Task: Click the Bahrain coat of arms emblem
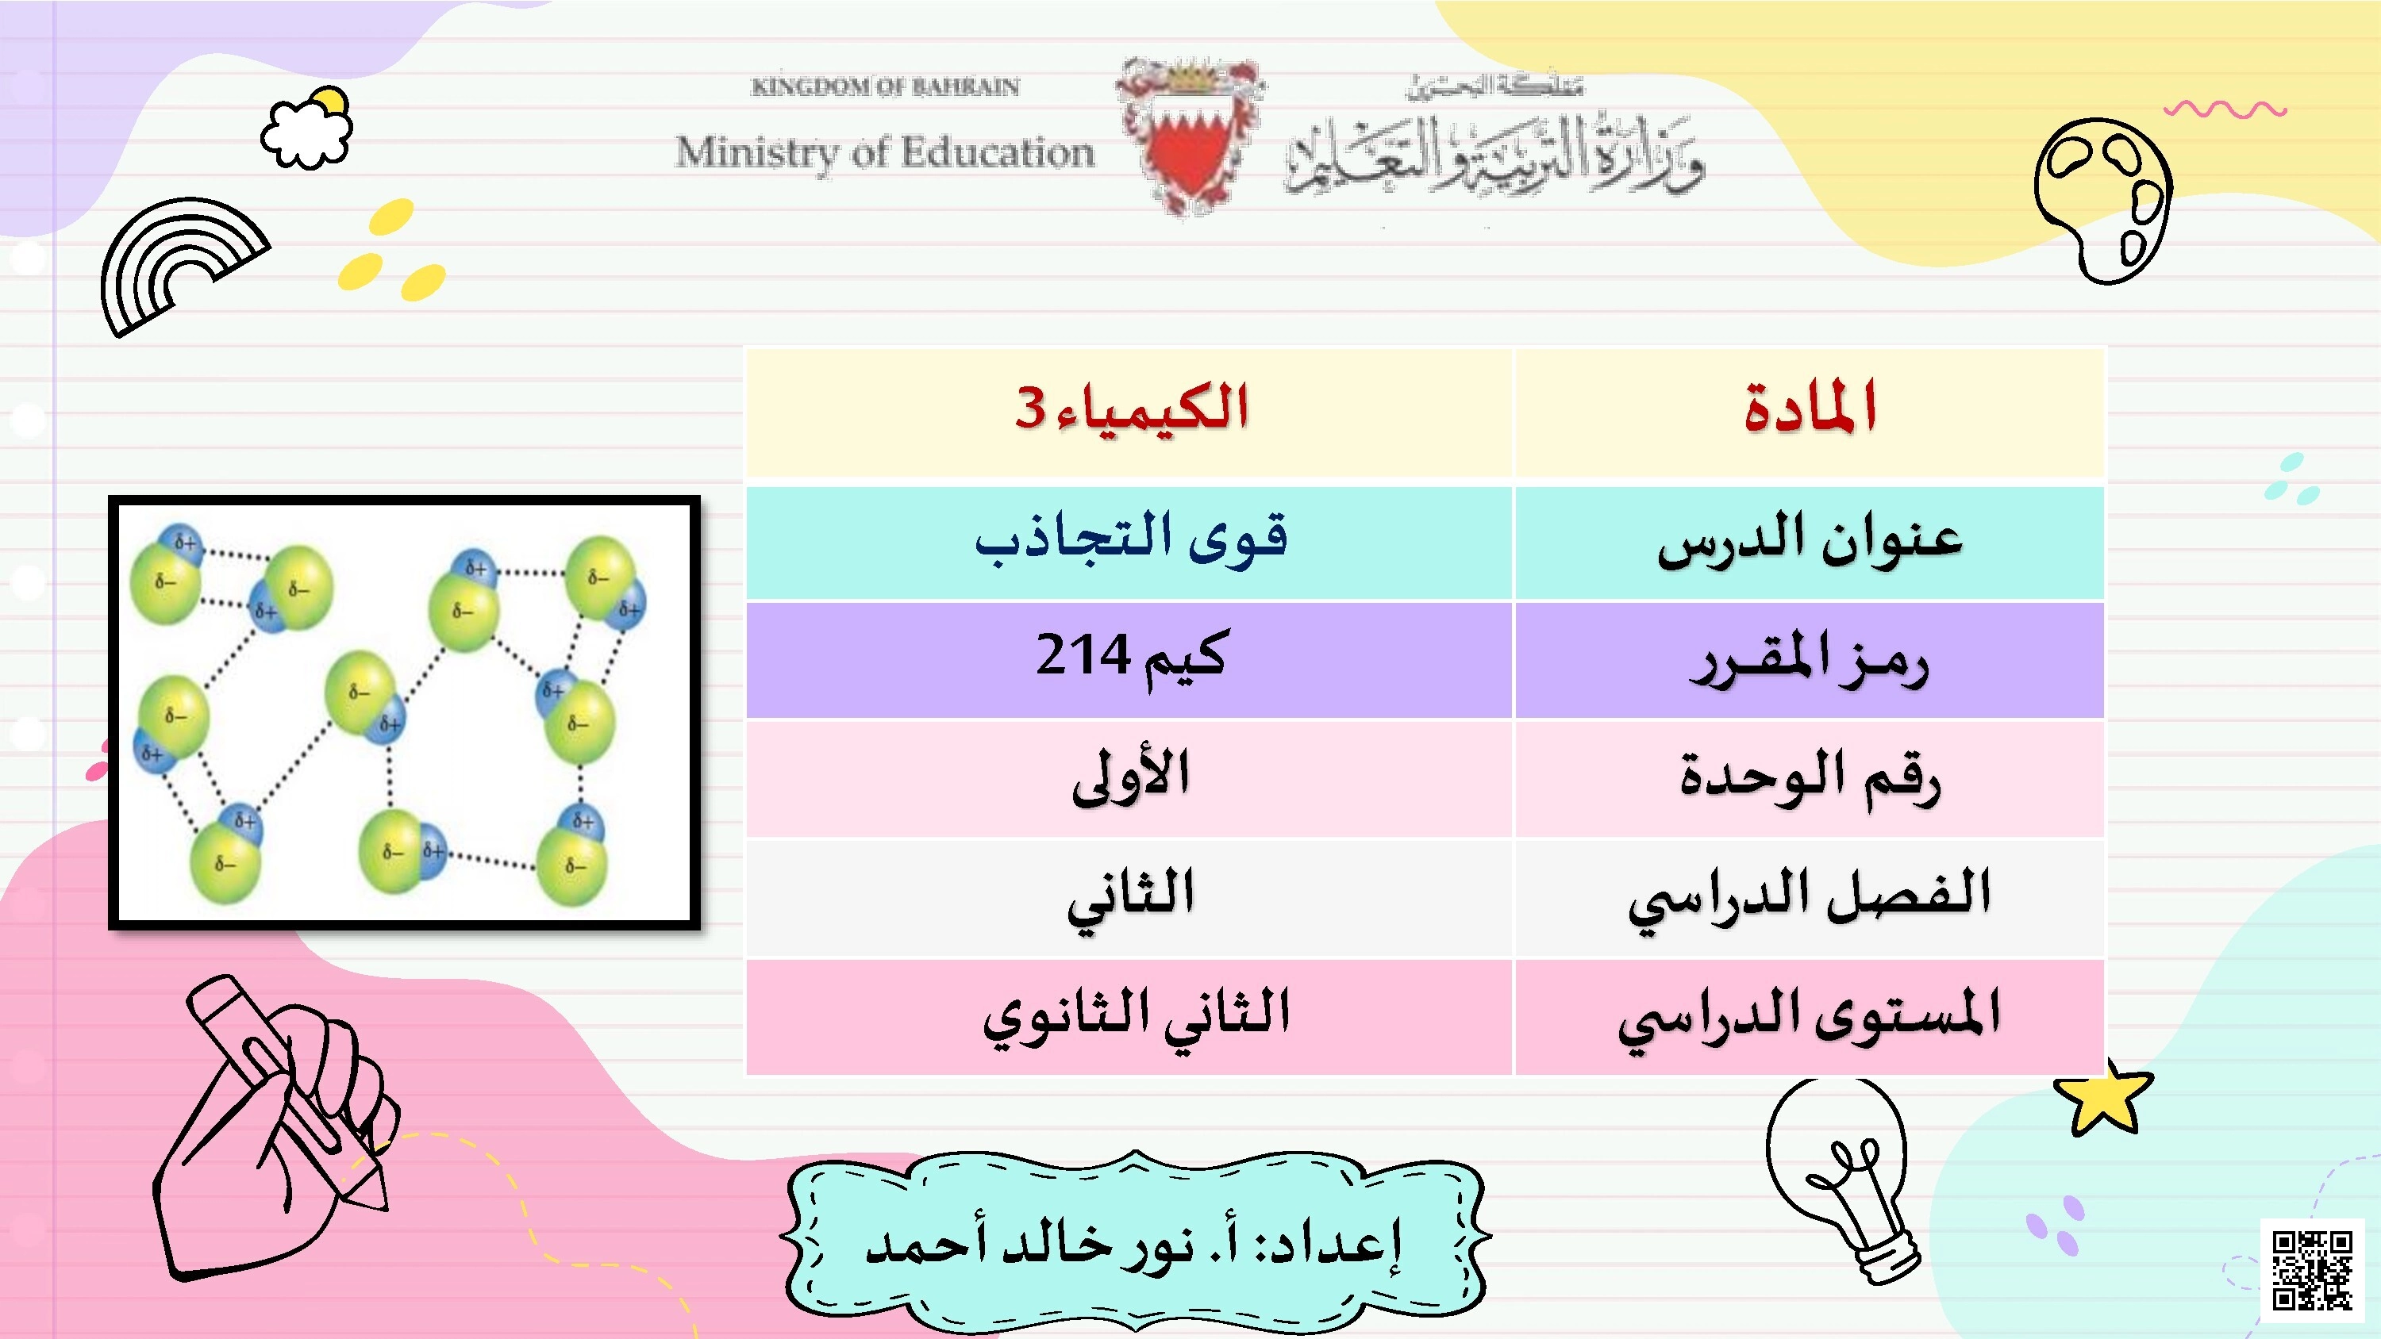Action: [1190, 136]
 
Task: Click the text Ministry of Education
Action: [885, 152]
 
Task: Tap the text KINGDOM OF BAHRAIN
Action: [885, 87]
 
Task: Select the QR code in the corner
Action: [2312, 1270]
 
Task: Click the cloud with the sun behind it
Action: [308, 129]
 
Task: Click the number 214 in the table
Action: [1083, 656]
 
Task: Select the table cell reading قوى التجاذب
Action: [1129, 542]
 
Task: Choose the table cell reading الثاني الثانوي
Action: [1129, 1016]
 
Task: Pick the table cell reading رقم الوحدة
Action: [1809, 778]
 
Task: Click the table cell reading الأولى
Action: [1129, 778]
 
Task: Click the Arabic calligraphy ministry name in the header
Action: [1494, 152]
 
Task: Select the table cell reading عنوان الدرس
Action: [1809, 542]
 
